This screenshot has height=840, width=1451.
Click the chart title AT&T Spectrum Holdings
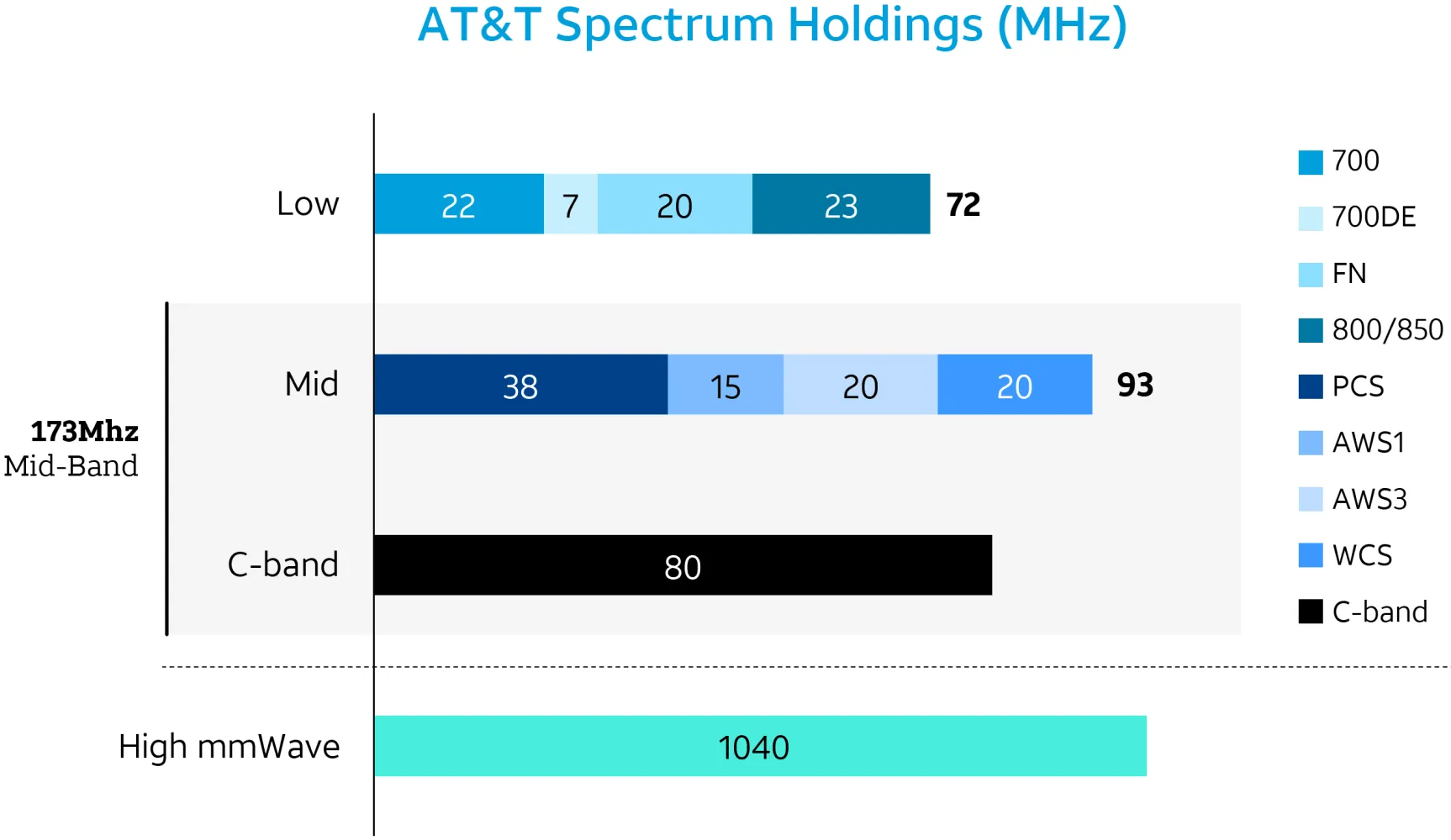(772, 25)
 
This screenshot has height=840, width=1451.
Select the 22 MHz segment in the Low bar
(458, 204)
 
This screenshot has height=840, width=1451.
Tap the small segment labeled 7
(570, 204)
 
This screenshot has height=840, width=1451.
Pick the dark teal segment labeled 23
(841, 204)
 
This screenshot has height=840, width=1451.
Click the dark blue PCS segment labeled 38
(520, 385)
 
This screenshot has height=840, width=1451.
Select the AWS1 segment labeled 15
(725, 385)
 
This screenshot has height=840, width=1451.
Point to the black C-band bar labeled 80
(682, 565)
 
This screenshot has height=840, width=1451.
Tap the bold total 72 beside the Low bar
(963, 204)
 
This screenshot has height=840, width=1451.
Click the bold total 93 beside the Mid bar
(1135, 385)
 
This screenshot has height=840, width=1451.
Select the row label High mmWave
(229, 746)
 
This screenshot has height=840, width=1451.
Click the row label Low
(308, 204)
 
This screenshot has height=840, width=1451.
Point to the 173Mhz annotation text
(84, 432)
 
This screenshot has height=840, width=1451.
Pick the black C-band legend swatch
(1311, 612)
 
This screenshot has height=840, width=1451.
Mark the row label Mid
(311, 385)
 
